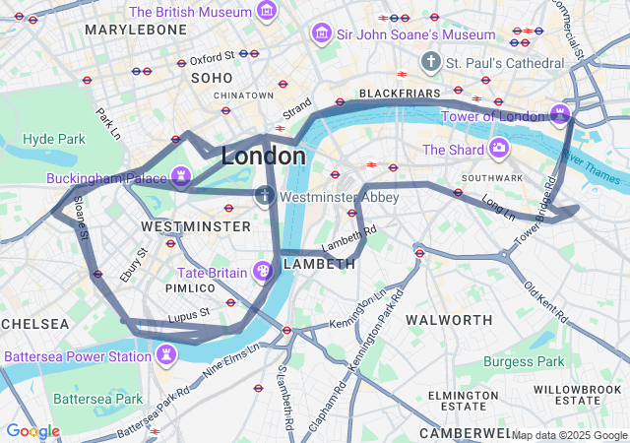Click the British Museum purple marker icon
click(267, 12)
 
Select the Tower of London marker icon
click(560, 115)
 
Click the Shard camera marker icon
click(499, 150)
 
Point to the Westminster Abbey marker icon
click(265, 196)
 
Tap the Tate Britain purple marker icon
click(263, 271)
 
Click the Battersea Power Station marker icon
click(166, 353)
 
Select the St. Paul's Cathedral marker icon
click(430, 62)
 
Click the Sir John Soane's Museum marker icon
click(321, 34)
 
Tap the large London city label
click(263, 156)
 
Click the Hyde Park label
click(54, 139)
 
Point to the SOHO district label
click(212, 77)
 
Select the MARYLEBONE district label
click(136, 31)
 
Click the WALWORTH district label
click(449, 320)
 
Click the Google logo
click(32, 431)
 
